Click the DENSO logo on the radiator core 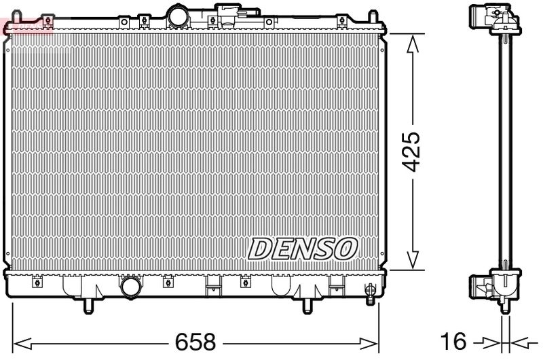[302, 249]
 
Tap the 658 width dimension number [196, 340]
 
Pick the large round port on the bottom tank [130, 288]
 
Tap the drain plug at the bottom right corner [370, 292]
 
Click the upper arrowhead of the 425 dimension [411, 42]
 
